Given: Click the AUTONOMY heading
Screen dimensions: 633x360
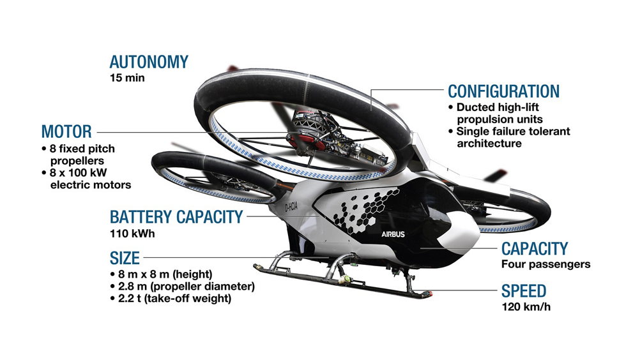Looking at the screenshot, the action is pyautogui.click(x=149, y=62).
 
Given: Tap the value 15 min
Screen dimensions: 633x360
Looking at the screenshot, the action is pyautogui.click(x=127, y=78).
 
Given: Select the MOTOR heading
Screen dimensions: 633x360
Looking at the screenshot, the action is pyautogui.click(x=66, y=131).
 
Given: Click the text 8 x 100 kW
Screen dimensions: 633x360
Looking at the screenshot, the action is pyautogui.click(x=79, y=173).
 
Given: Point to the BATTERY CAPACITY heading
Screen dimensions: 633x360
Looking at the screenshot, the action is pyautogui.click(x=176, y=217).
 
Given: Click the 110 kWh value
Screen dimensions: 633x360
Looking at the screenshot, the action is pyautogui.click(x=132, y=234).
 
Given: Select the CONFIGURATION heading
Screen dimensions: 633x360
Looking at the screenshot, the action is pyautogui.click(x=504, y=92).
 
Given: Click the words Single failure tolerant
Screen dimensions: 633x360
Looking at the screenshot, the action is pyautogui.click(x=514, y=131).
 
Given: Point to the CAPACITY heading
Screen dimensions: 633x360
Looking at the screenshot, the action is pyautogui.click(x=535, y=249).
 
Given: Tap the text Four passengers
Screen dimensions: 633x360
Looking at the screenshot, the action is pyautogui.click(x=545, y=264).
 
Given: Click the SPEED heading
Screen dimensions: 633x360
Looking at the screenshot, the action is pyautogui.click(x=524, y=291).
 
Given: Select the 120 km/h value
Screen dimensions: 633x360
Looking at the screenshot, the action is pyautogui.click(x=526, y=307).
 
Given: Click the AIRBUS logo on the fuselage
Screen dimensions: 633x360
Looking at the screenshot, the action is pyautogui.click(x=393, y=234).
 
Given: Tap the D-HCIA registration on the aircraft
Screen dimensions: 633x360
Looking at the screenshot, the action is pyautogui.click(x=291, y=207).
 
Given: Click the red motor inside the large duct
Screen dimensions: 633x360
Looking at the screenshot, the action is pyautogui.click(x=303, y=141).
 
